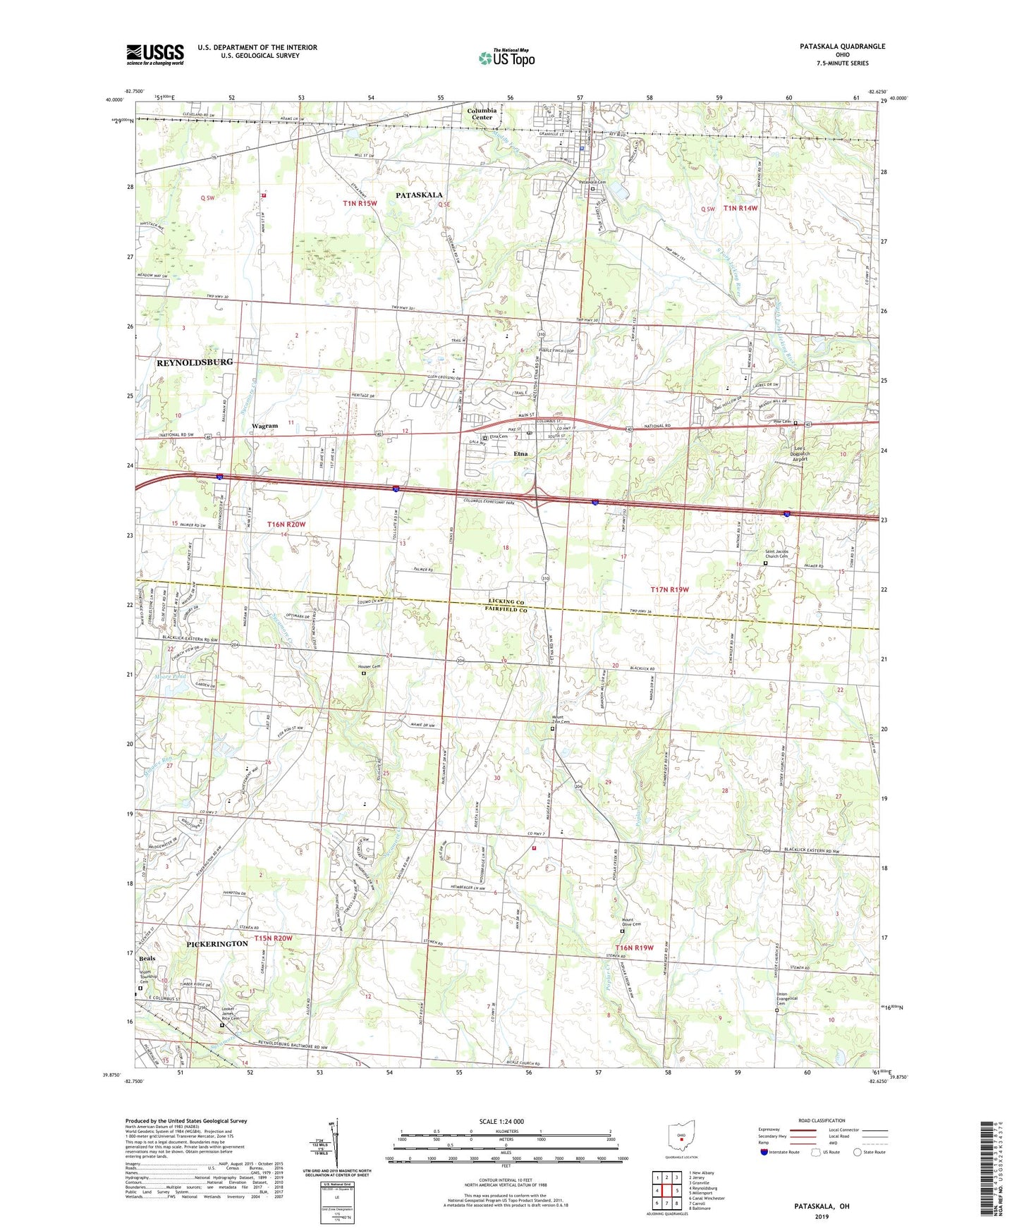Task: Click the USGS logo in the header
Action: click(155, 54)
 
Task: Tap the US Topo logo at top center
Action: click(506, 57)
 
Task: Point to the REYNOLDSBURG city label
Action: click(194, 362)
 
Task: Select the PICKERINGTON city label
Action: click(217, 943)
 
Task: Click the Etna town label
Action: click(520, 455)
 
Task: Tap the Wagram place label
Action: click(264, 426)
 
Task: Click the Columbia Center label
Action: click(482, 114)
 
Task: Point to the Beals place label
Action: click(147, 959)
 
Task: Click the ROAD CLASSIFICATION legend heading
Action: click(822, 1120)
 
